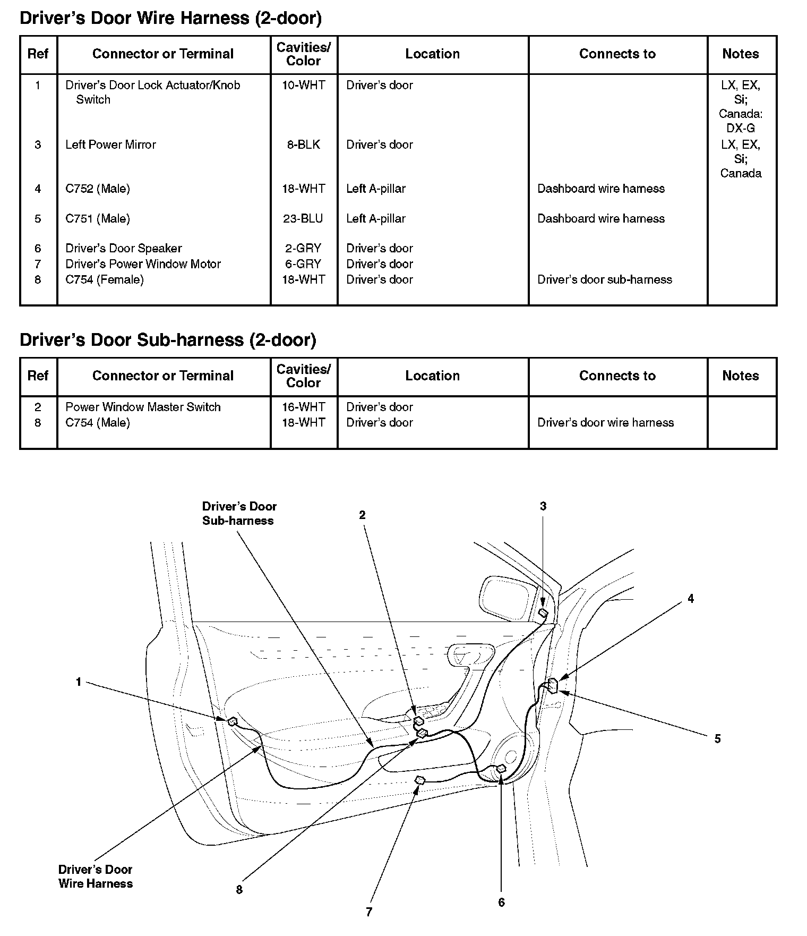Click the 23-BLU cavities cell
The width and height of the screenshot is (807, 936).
(x=303, y=219)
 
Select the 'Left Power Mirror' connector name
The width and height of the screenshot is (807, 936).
(x=110, y=145)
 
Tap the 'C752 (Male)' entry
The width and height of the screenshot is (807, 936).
(x=98, y=189)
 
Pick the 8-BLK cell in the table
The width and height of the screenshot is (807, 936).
(x=303, y=145)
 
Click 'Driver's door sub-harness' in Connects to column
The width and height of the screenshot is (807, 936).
(x=604, y=280)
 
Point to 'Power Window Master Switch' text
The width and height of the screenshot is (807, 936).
(x=143, y=407)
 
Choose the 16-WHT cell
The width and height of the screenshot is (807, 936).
(x=303, y=407)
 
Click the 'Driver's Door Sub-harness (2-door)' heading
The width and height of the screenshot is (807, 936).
(x=168, y=340)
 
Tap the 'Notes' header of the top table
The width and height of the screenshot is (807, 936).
(x=740, y=54)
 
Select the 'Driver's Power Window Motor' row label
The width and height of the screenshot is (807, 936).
(x=143, y=264)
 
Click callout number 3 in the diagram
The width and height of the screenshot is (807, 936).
(x=543, y=507)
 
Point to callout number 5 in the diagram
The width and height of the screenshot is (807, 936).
(x=717, y=739)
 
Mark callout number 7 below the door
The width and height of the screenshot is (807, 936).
(x=369, y=912)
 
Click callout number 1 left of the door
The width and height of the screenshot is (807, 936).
(x=79, y=682)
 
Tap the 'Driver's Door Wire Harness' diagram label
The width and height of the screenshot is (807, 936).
(x=95, y=877)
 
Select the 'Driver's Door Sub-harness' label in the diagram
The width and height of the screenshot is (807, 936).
(x=239, y=514)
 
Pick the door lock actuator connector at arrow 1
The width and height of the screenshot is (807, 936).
(x=232, y=721)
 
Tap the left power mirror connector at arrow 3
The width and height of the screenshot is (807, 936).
(x=543, y=614)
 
